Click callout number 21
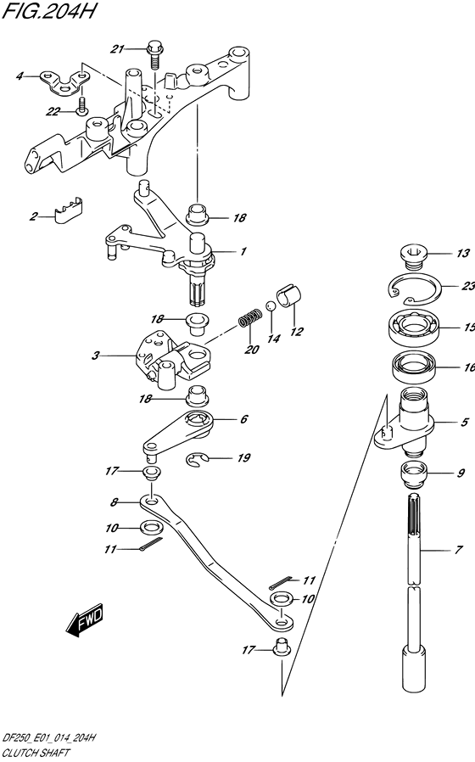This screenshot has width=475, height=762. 117,49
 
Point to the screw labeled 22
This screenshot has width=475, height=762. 81,106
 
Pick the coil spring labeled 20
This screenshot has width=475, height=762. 250,319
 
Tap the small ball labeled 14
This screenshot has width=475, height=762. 271,305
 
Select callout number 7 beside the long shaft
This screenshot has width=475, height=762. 458,550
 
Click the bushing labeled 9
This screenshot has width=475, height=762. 413,473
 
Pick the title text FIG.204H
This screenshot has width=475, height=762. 48,11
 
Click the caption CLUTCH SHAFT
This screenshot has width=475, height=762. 36,754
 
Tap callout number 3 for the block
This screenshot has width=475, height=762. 95,356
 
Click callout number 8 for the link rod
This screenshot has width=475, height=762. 115,502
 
